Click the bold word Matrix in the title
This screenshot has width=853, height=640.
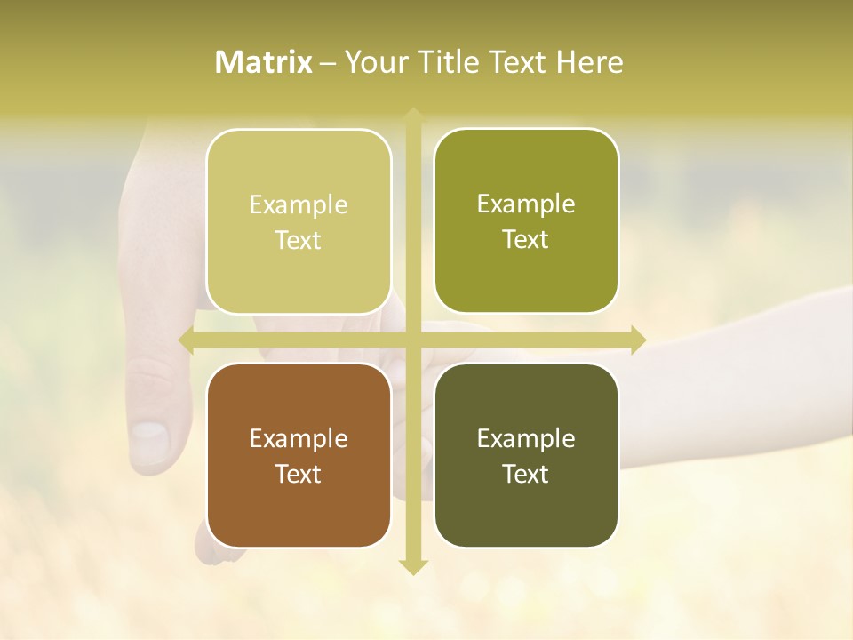pos(264,62)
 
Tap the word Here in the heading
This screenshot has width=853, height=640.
pos(589,62)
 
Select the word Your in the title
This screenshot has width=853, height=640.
pos(374,62)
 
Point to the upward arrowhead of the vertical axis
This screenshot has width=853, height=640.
pos(412,114)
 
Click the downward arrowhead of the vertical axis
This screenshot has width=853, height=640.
pos(412,567)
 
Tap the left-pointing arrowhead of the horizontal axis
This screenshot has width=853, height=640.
pos(186,340)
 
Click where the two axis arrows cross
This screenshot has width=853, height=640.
pos(412,340)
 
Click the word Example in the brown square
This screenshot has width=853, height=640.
pos(299,439)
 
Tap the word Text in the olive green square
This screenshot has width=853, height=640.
pos(526,240)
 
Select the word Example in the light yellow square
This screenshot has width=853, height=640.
pos(299,205)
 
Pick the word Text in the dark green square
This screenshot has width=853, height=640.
pos(526,475)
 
